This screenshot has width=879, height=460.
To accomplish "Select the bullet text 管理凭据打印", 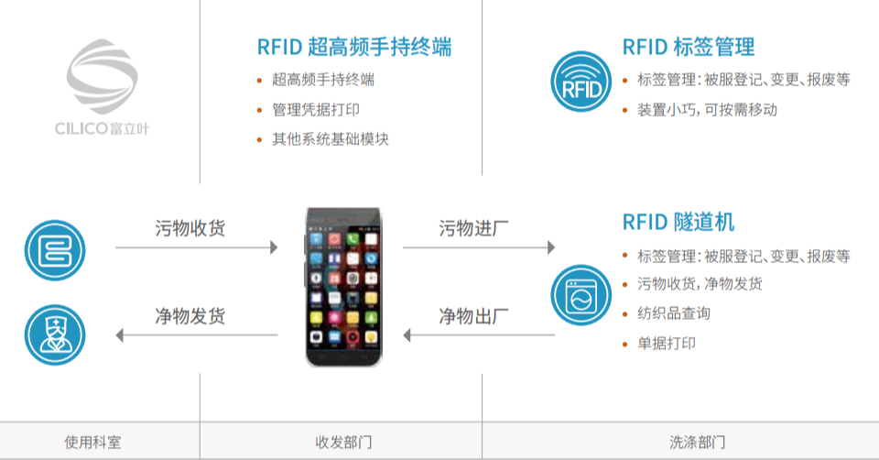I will click(316, 110).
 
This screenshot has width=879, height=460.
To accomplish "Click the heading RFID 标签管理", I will click(689, 47).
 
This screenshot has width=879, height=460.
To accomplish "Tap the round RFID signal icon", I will click(581, 82).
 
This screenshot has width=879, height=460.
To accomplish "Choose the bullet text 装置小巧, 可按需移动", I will click(707, 110).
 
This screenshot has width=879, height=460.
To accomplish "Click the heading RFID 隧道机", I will click(678, 223).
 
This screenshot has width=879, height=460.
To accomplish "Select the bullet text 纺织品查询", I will click(674, 313).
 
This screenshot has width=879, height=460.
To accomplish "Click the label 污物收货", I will click(190, 229).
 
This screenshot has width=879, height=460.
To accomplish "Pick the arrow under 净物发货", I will click(196, 335).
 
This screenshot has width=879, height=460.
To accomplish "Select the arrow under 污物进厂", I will click(479, 247).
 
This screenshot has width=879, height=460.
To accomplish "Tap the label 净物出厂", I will click(474, 317).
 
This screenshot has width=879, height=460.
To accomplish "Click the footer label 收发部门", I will click(343, 443).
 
